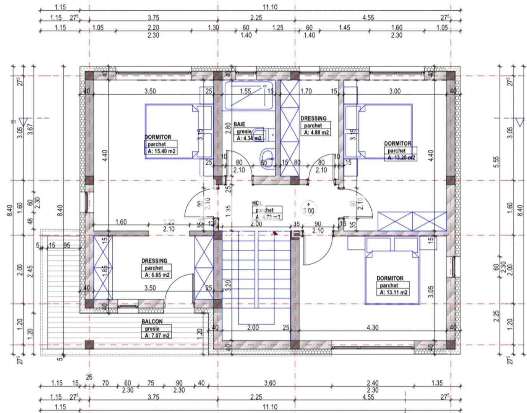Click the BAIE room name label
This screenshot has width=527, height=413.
239,124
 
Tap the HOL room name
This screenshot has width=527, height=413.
257,203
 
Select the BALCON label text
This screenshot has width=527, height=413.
152,322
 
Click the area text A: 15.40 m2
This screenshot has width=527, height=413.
161,151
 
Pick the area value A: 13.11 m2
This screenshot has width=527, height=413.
393,293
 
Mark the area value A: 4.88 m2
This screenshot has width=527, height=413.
316,133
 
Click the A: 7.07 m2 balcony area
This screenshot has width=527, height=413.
157,336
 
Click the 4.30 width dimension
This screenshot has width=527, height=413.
372,328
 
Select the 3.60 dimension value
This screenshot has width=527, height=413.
270,383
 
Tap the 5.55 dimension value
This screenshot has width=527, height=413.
496,162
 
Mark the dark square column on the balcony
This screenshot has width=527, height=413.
89,345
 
